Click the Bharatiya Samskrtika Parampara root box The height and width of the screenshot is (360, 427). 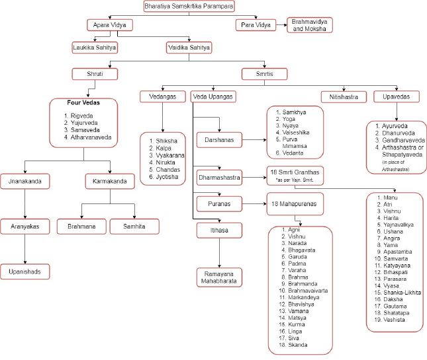(189, 7)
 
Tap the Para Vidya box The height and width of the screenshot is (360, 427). (255, 26)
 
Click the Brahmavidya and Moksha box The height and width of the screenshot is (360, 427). (308, 26)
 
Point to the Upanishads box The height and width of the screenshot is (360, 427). (25, 271)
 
